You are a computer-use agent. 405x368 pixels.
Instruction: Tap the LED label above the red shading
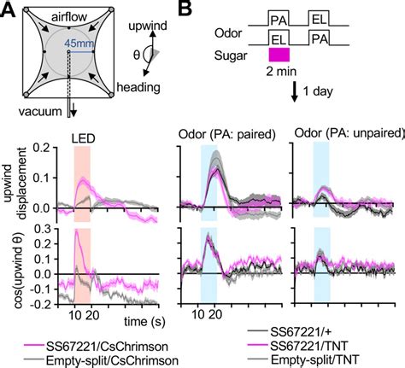[82, 137]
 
